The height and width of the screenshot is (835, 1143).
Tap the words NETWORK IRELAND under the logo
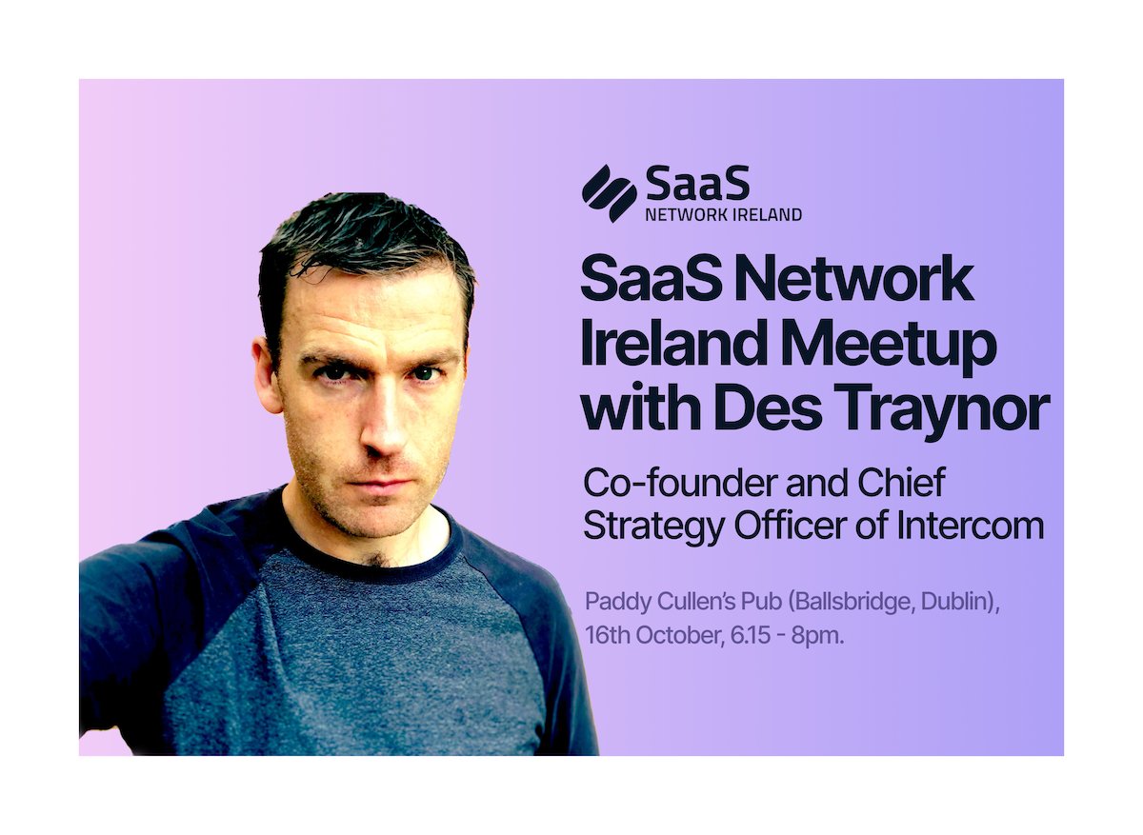pyautogui.click(x=723, y=215)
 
